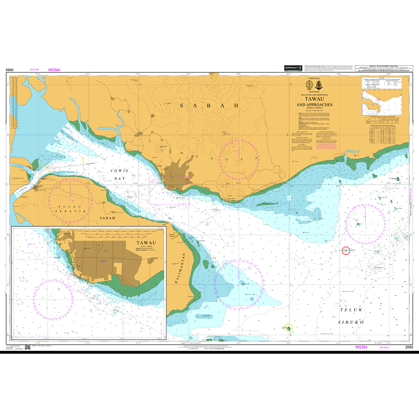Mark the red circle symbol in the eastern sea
pos(346,250)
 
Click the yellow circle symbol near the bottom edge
pos(288,328)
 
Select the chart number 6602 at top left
pos(9,70)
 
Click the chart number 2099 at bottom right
pos(409,347)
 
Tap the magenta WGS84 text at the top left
pos(55,70)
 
